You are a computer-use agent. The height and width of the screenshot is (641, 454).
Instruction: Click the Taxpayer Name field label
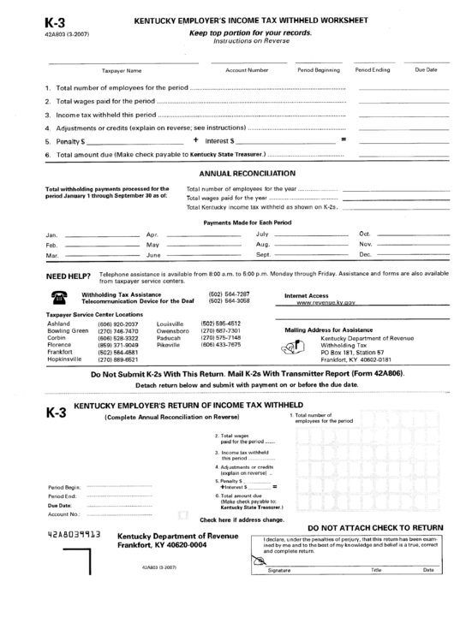point(122,70)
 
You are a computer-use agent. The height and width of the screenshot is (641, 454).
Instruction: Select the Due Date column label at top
point(426,69)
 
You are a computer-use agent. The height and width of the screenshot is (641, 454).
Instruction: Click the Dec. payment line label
point(366,255)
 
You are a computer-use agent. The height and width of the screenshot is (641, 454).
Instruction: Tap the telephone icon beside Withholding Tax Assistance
point(60,298)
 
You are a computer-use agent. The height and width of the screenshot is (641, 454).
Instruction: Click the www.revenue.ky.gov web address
point(325,303)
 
